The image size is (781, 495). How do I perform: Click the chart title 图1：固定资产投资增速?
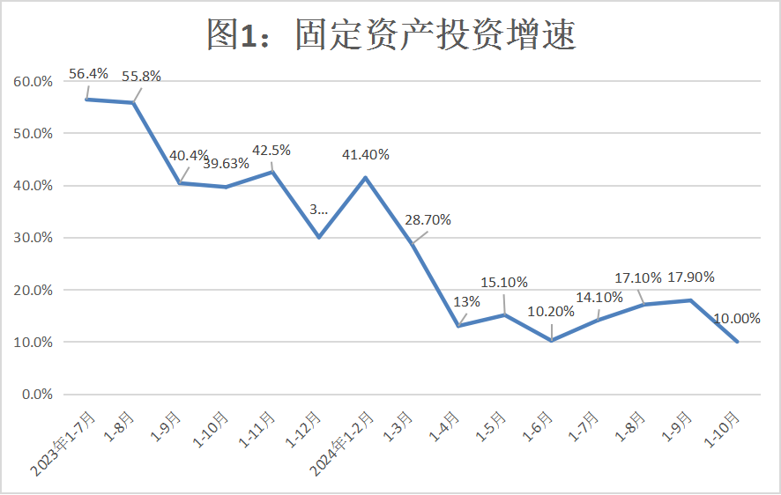click(x=390, y=33)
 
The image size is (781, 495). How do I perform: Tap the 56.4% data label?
click(x=88, y=74)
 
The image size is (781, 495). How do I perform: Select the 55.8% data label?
click(x=141, y=77)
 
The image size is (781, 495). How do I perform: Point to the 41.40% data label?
click(x=365, y=155)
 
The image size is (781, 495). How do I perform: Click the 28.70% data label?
click(x=427, y=220)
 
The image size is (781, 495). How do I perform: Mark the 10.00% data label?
click(x=736, y=319)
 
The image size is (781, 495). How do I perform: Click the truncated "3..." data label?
click(x=318, y=210)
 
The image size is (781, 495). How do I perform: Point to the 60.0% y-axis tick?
click(x=33, y=82)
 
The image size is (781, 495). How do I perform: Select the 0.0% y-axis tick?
click(x=36, y=395)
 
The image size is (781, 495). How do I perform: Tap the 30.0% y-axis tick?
click(x=33, y=238)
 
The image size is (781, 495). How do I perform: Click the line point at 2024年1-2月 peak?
click(x=365, y=178)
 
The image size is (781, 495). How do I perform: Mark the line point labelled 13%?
click(x=458, y=326)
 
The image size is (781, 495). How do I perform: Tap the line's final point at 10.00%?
click(x=737, y=342)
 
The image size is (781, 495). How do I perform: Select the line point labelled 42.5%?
click(x=272, y=171)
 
